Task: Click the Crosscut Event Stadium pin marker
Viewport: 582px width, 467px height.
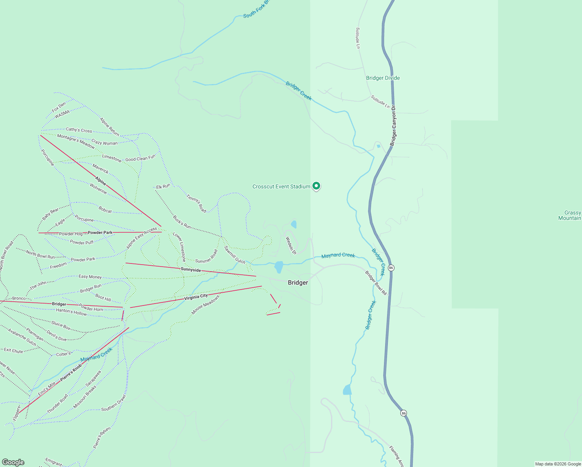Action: pos(316,186)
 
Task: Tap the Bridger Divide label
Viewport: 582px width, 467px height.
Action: pos(383,78)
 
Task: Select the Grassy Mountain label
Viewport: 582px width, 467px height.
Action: pos(570,215)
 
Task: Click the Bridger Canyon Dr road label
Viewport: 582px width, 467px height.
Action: pos(393,125)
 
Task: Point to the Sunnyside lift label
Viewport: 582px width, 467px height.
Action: pos(191,270)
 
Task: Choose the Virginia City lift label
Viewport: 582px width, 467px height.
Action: pos(196,297)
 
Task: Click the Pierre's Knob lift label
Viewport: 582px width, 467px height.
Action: pos(71,372)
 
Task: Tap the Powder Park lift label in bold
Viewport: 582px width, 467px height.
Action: pos(100,232)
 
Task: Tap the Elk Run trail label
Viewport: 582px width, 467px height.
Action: pos(163,187)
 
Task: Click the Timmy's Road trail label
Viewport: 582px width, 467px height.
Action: pos(196,204)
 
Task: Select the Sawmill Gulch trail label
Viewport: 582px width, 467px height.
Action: pos(235,255)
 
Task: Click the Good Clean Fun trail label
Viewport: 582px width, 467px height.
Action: pos(140,159)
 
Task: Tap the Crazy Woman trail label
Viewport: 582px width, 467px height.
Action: pos(104,142)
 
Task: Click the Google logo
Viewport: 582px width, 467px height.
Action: pos(13,462)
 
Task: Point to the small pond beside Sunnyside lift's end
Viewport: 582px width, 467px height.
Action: pos(279,267)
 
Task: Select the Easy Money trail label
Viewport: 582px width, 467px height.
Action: pos(90,277)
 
